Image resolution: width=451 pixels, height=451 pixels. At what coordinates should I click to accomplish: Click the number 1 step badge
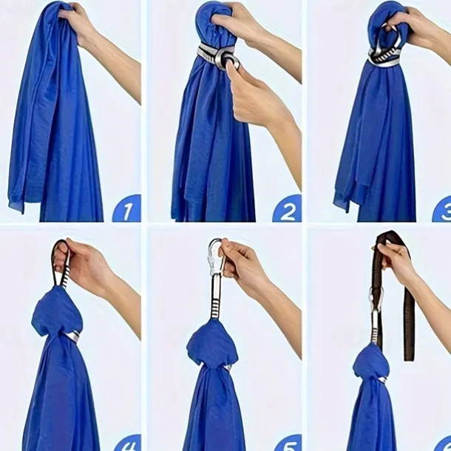[x=126, y=208]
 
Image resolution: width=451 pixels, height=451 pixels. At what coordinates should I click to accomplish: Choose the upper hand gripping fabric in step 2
[x=237, y=22]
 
